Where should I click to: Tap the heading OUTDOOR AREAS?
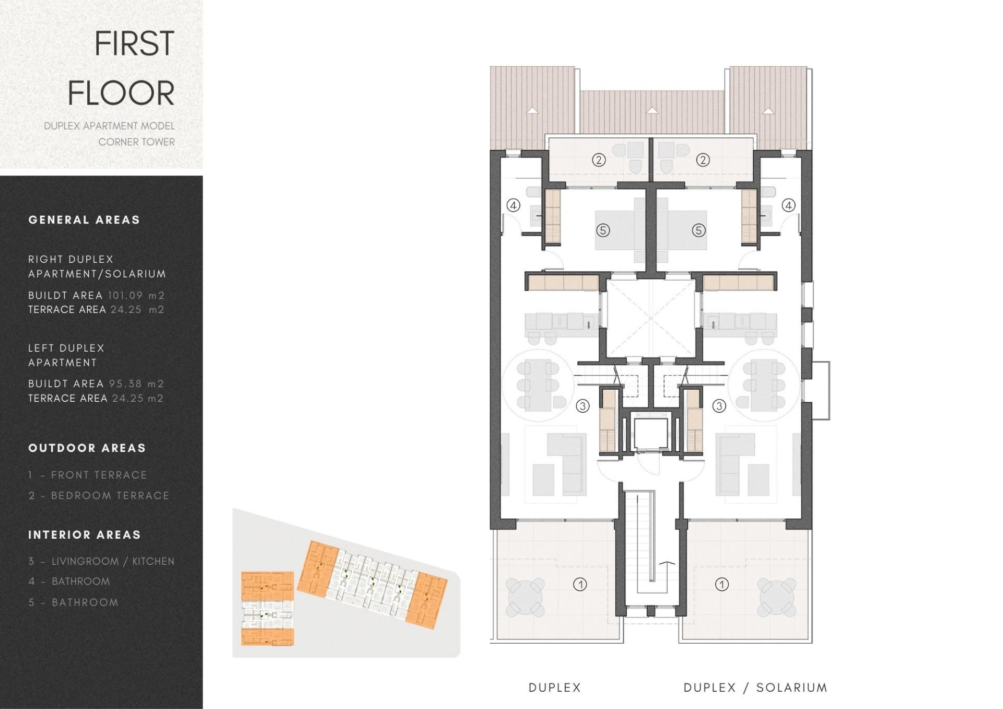click(x=87, y=448)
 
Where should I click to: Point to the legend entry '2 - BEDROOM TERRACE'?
click(x=99, y=495)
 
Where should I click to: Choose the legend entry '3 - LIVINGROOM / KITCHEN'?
click(x=101, y=561)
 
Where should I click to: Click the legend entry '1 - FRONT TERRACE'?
click(x=88, y=475)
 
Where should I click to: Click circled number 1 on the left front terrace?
click(x=580, y=584)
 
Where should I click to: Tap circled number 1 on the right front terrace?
click(x=722, y=584)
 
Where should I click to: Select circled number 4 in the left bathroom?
click(x=514, y=205)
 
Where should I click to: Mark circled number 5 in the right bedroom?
click(x=698, y=230)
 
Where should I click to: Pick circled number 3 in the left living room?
click(x=582, y=405)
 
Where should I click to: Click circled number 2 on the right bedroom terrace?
click(x=703, y=160)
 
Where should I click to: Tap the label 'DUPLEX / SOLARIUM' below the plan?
click(x=755, y=688)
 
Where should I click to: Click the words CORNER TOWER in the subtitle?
click(x=136, y=142)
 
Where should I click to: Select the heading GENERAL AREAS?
click(x=84, y=219)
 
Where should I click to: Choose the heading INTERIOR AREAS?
click(x=85, y=534)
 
